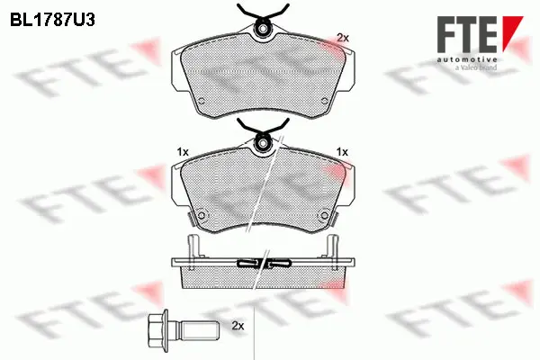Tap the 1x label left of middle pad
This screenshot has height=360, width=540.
tap(182, 152)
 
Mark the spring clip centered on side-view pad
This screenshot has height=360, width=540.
tap(262, 263)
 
